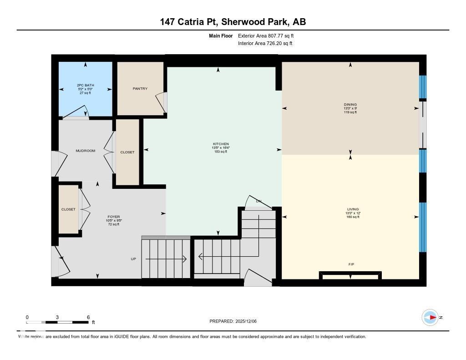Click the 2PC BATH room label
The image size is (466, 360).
(86, 85)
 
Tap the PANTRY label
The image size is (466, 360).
(140, 89)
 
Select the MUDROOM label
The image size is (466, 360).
(86, 151)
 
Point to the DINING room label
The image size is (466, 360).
(350, 105)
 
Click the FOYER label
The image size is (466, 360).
(114, 217)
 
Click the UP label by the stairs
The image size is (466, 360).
(133, 259)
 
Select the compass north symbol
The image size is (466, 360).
(430, 317)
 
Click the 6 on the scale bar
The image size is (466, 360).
(88, 317)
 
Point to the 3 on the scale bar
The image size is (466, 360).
(57, 317)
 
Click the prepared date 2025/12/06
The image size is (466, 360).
(248, 321)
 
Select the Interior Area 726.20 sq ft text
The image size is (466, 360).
(265, 44)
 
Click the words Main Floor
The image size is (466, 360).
(221, 35)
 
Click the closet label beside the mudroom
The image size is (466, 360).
(127, 152)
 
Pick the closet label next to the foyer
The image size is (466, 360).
(69, 209)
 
